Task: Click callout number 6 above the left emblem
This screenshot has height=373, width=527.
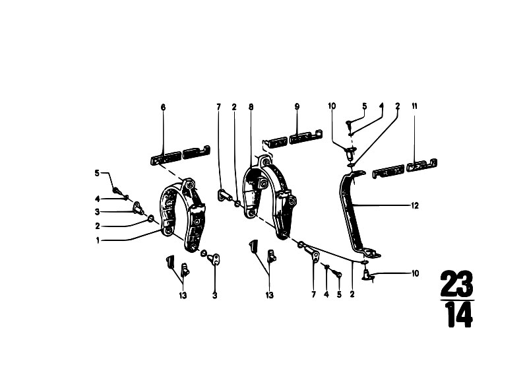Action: [x=164, y=108]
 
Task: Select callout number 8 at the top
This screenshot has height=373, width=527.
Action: [x=251, y=107]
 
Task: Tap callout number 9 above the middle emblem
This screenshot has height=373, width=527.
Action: [x=297, y=107]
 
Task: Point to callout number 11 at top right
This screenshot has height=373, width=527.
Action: [x=414, y=106]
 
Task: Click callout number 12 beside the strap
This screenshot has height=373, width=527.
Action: [x=415, y=205]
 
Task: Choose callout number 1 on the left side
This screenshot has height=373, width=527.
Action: [x=98, y=240]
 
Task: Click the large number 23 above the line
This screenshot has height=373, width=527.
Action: [x=457, y=283]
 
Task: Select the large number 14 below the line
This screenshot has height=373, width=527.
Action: [x=459, y=315]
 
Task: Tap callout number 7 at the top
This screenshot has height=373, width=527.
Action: [x=218, y=107]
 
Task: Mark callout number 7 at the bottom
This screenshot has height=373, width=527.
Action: [x=313, y=294]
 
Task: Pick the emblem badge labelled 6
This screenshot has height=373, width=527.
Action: [x=180, y=156]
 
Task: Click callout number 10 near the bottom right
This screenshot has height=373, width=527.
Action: [x=416, y=273]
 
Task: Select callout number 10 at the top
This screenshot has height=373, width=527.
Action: [x=332, y=106]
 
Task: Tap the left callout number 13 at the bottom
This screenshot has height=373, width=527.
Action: [x=183, y=296]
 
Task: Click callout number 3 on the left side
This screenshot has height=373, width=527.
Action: [x=98, y=212]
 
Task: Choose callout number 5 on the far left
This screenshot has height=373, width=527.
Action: [x=97, y=173]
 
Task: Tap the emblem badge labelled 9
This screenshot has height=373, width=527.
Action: [x=293, y=137]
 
